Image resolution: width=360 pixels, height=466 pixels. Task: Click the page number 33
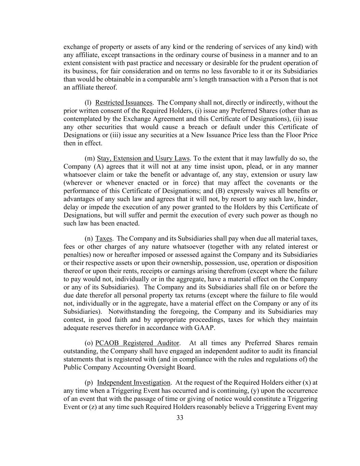[180, 418]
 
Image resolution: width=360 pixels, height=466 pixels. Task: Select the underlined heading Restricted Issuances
[124, 103]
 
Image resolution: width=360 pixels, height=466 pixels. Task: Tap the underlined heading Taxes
[103, 239]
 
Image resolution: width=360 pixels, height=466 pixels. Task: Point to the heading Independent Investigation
[133, 383]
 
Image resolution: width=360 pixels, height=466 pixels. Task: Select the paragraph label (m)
[89, 158]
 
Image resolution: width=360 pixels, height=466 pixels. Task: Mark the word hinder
[308, 199]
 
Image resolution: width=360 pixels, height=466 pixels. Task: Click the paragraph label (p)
[89, 383]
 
